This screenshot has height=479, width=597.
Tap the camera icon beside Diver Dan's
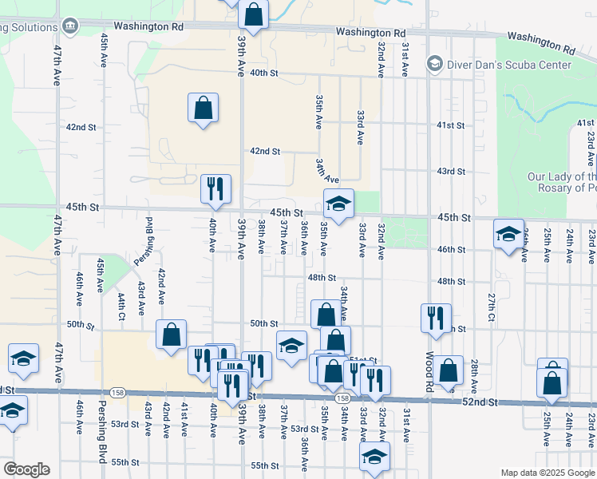[x=435, y=62]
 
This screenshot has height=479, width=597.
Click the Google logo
[x=26, y=469]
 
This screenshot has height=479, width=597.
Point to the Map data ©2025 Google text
[x=548, y=473]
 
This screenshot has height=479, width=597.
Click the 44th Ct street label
[x=121, y=306]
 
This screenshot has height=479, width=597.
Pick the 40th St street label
[x=263, y=73]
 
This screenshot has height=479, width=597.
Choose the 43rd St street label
[x=451, y=172]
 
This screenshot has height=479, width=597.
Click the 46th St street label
[x=451, y=250]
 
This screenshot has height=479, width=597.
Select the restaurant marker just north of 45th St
[x=215, y=188]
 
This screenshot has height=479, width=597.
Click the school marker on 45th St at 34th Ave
[x=338, y=204]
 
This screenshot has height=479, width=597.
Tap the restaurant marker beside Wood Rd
[x=436, y=317]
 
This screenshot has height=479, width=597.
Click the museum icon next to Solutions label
[x=70, y=26]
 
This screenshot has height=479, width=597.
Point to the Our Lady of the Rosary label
[x=562, y=183]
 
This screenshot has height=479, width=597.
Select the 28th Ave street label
[x=473, y=374]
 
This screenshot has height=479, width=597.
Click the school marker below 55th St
[x=374, y=457]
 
